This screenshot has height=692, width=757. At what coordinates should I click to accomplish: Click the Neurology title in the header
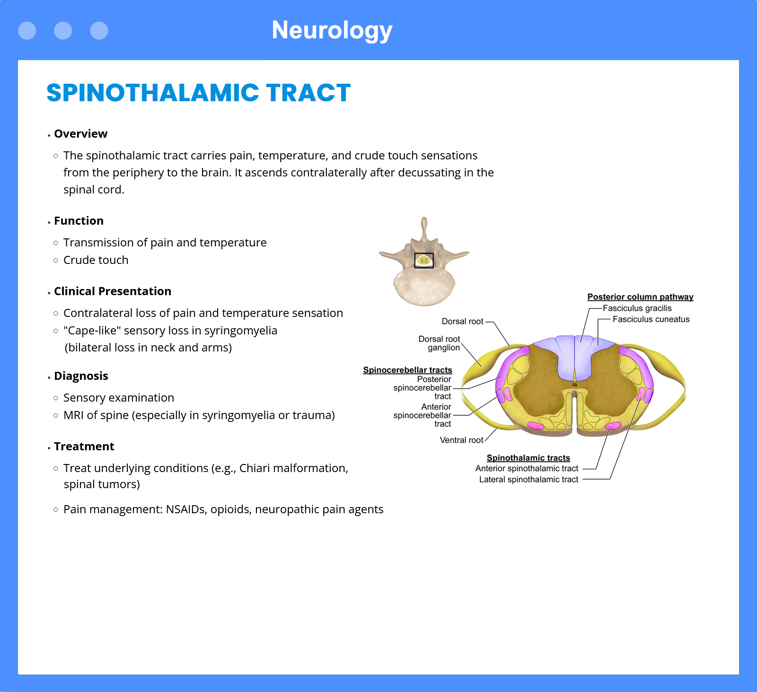click(x=332, y=31)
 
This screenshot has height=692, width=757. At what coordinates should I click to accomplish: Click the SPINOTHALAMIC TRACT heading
click(x=199, y=93)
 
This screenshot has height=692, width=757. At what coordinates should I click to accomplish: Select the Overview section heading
click(x=81, y=134)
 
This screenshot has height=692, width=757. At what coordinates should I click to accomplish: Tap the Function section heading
click(x=79, y=221)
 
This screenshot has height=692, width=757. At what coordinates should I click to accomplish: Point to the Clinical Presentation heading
click(x=113, y=291)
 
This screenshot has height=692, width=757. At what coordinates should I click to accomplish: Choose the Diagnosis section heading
click(x=81, y=376)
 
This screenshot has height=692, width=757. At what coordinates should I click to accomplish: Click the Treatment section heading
click(x=84, y=447)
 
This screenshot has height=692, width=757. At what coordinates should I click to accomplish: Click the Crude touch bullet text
click(x=96, y=260)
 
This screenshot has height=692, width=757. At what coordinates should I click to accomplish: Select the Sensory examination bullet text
click(x=119, y=398)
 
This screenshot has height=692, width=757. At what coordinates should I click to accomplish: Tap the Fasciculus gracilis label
click(x=637, y=308)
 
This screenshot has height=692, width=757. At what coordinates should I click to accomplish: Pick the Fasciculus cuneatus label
click(x=651, y=319)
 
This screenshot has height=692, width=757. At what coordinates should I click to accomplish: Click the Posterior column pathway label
click(x=641, y=297)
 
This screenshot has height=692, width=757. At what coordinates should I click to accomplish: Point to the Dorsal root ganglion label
click(x=440, y=343)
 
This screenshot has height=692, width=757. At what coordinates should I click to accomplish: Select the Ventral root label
click(x=462, y=440)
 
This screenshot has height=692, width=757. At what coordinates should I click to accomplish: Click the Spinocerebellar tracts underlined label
click(x=408, y=370)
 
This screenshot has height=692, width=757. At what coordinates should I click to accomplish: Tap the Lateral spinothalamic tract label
click(x=529, y=480)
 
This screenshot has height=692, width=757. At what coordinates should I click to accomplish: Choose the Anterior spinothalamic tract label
click(x=527, y=469)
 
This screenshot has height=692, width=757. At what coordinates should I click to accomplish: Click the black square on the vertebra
click(x=424, y=261)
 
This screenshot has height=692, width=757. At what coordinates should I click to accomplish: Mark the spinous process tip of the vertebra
click(x=424, y=219)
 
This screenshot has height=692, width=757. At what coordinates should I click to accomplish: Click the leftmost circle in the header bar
click(x=27, y=31)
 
